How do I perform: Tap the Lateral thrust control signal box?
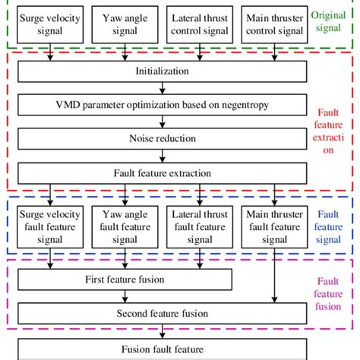(x=200, y=24)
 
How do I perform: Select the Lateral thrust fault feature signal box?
(x=200, y=226)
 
